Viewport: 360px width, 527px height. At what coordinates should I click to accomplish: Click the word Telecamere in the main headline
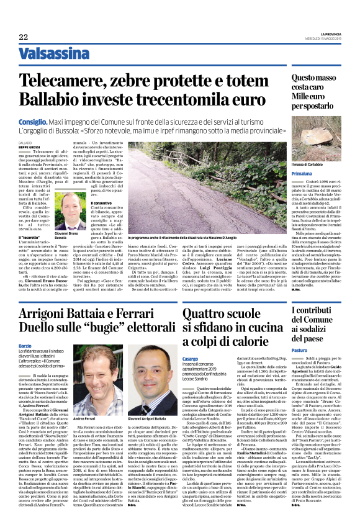62,79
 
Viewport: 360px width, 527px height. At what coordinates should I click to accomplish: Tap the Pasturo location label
283,351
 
